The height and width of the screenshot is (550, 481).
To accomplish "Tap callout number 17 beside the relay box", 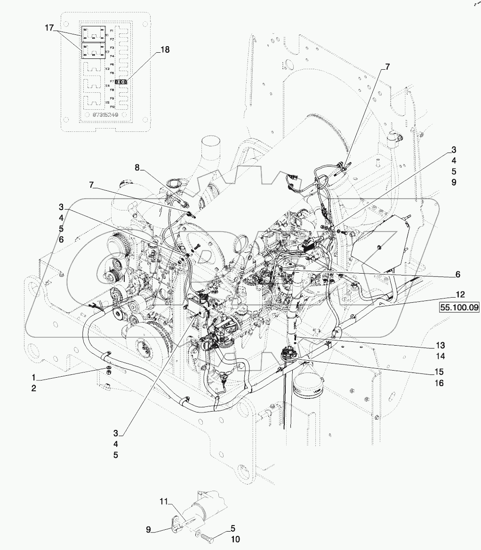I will click(49, 28).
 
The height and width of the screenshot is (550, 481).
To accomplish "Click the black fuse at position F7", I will click(121, 81).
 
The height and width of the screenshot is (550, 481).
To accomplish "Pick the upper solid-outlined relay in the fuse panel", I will click(94, 34).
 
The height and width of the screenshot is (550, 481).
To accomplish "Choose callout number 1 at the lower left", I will click(34, 378).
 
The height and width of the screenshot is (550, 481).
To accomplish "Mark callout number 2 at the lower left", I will click(34, 388).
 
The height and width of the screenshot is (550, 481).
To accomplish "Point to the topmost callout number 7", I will click(388, 67).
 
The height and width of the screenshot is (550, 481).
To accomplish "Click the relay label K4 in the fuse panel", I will click(107, 86).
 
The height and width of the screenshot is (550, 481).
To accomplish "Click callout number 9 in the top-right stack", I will click(454, 182).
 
